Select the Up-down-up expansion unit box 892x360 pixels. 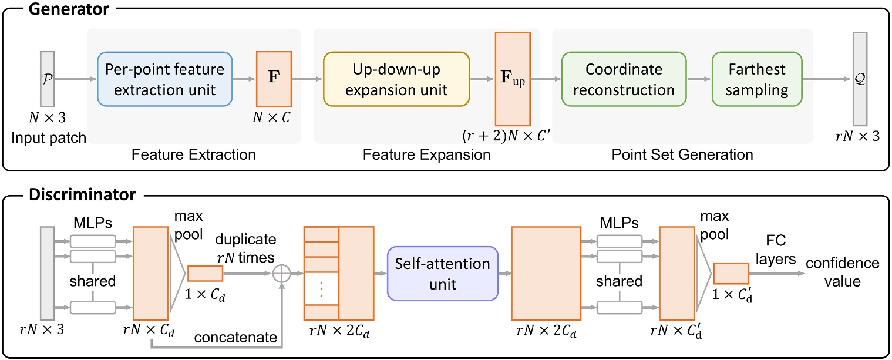point(396,80)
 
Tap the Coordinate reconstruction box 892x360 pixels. point(624,80)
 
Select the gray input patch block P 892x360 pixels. point(48,78)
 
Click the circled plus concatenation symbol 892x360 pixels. point(284,274)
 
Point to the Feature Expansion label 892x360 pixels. point(427,155)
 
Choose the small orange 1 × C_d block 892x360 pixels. point(205,274)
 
